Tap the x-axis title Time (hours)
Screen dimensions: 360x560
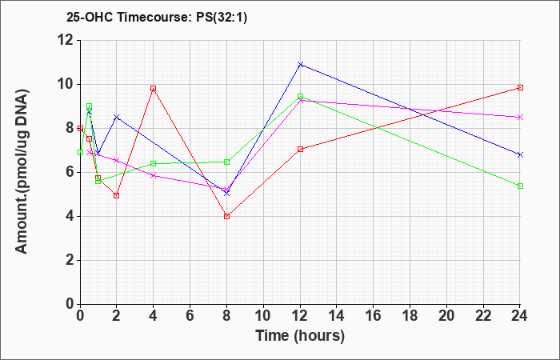pyautogui.click(x=300, y=336)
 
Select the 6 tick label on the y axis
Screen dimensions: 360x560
pyautogui.click(x=69, y=172)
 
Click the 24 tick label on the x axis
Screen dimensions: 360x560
pyautogui.click(x=520, y=317)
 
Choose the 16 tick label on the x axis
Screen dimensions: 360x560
pyautogui.click(x=374, y=317)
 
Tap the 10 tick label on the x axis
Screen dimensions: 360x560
pyautogui.click(x=263, y=317)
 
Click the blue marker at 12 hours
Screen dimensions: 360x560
pyautogui.click(x=300, y=64)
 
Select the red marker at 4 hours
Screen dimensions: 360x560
pyautogui.click(x=153, y=88)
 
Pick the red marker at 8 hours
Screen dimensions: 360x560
pyautogui.click(x=227, y=216)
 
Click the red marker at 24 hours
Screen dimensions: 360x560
pyautogui.click(x=520, y=87)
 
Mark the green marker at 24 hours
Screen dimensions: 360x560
pyautogui.click(x=520, y=186)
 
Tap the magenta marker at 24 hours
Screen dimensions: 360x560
pyautogui.click(x=520, y=117)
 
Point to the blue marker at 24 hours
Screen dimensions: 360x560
pyautogui.click(x=520, y=154)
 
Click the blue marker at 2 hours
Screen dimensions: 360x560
pyautogui.click(x=117, y=117)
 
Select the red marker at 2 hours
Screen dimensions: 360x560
pyautogui.click(x=117, y=195)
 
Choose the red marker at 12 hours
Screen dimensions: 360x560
pyautogui.click(x=300, y=149)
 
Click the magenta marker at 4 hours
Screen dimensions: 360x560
pyautogui.click(x=153, y=175)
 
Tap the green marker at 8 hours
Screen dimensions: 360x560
pyautogui.click(x=227, y=162)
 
